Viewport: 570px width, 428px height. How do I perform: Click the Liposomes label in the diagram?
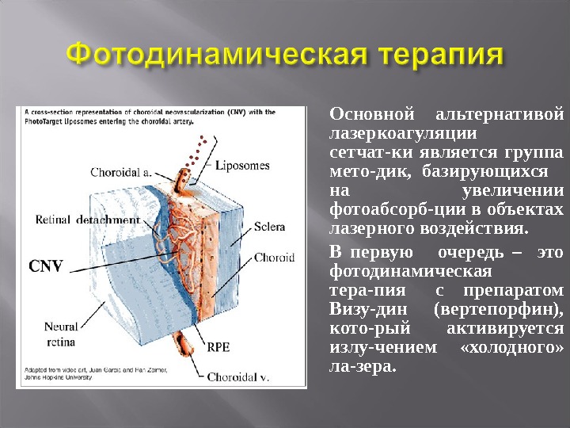click(x=244, y=166)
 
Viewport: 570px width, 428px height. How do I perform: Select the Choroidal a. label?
click(x=121, y=171)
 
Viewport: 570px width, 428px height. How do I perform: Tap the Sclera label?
click(x=269, y=227)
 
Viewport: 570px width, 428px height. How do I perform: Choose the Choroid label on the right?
click(x=274, y=258)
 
